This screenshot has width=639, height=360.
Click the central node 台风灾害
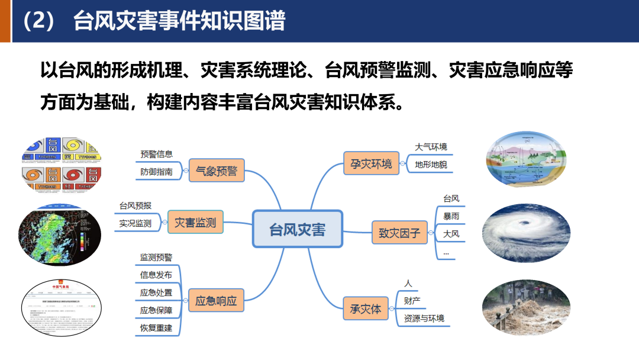pyautogui.click(x=298, y=229)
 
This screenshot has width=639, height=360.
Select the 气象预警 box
pyautogui.click(x=217, y=171)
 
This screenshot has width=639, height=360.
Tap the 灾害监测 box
pyautogui.click(x=195, y=223)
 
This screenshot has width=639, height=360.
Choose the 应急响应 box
pyautogui.click(x=216, y=301)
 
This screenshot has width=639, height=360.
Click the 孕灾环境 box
pyautogui.click(x=371, y=163)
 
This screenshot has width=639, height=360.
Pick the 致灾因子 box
pyautogui.click(x=399, y=233)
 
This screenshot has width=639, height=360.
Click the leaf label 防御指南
pyautogui.click(x=157, y=172)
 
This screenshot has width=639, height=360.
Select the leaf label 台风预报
pyautogui.click(x=135, y=206)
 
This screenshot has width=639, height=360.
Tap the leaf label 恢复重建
pyautogui.click(x=156, y=327)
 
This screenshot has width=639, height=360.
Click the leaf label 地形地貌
pyautogui.click(x=431, y=165)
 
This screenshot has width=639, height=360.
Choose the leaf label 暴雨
pyautogui.click(x=451, y=216)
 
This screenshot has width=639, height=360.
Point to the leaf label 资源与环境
pyautogui.click(x=424, y=319)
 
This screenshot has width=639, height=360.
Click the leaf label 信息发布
pyautogui.click(x=156, y=275)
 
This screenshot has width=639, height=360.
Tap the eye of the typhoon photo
pyautogui.click(x=524, y=224)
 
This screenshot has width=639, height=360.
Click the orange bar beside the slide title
pyautogui.click(x=6, y=21)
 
